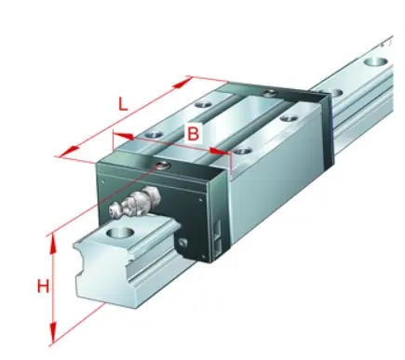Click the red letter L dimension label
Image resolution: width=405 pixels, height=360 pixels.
pos(123,103)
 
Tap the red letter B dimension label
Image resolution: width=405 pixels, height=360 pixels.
pos(193,134)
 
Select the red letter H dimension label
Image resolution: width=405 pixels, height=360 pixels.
pos(43,286)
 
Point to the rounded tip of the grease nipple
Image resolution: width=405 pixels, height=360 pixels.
pos(114,208)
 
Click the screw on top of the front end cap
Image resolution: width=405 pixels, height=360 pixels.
pos(163,166)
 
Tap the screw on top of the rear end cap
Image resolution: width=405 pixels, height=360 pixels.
pos(269,93)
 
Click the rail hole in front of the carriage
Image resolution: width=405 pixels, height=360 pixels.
pos(120,233)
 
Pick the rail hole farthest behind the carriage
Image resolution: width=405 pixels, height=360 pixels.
pos(376,61)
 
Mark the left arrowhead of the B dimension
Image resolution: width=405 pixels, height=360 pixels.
pos(124,136)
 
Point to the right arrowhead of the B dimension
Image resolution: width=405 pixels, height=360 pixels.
pos(221,151)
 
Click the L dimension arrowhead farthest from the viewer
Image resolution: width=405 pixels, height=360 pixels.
pos(183,83)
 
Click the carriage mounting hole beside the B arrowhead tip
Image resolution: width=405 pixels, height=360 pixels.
pos(242,152)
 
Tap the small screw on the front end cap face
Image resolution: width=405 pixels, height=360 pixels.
pos(183,243)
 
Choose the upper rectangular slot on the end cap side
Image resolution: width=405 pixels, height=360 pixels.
pos(219,230)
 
